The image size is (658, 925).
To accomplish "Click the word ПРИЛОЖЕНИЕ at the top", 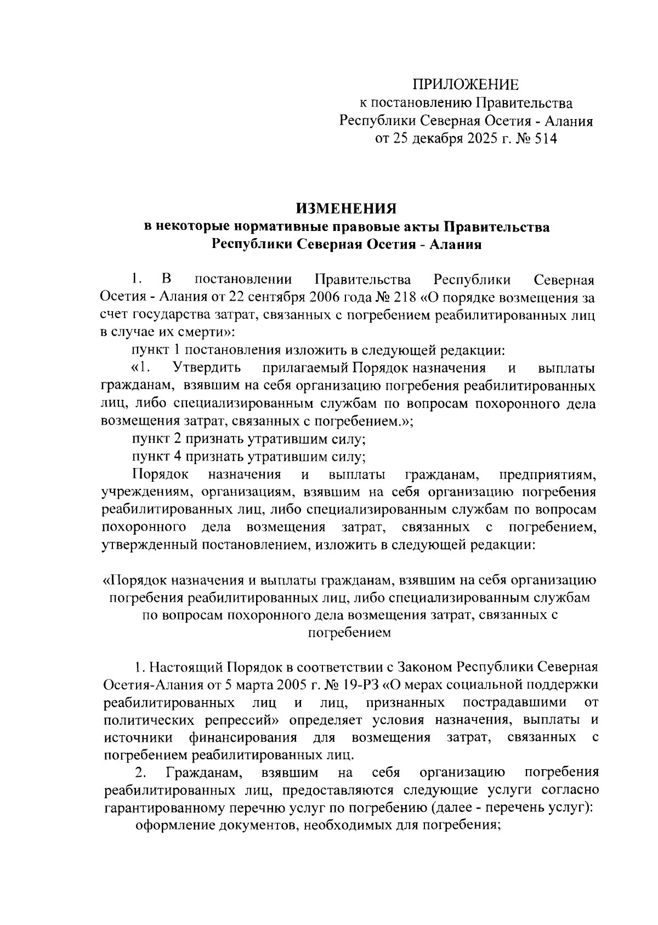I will [x=465, y=85].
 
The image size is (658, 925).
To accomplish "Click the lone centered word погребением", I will [x=349, y=633].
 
